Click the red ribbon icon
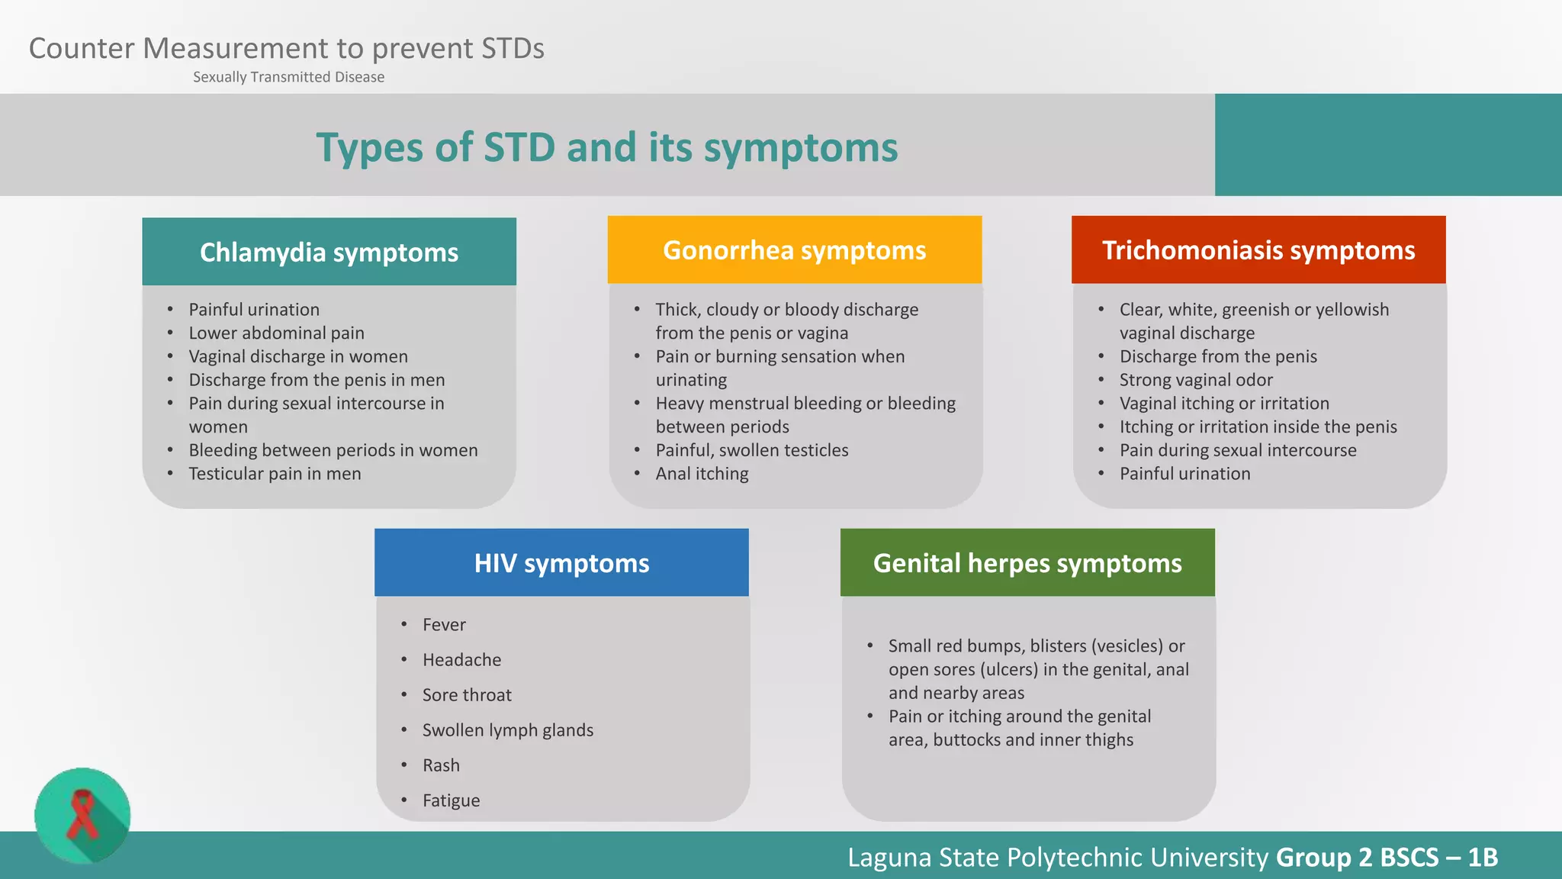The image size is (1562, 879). [x=82, y=815]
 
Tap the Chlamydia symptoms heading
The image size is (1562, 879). [x=329, y=253]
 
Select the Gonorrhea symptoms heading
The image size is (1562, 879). [x=794, y=250]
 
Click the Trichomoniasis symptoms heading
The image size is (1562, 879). [x=1258, y=250]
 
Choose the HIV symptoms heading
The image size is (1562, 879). [x=561, y=563]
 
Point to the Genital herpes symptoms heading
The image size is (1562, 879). [x=1027, y=563]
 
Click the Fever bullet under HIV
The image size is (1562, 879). [x=444, y=625]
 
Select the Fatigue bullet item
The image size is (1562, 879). [x=451, y=800]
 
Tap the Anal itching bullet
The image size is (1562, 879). [x=702, y=474]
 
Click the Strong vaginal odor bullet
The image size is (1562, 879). [x=1195, y=380]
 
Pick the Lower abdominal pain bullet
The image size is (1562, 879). [x=276, y=333]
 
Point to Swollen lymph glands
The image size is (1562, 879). [x=507, y=730]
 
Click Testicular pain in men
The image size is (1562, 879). [x=275, y=474]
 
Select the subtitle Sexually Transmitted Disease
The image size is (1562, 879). [x=288, y=77]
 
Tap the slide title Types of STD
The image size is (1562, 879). [x=606, y=147]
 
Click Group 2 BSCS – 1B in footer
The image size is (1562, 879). [x=1386, y=858]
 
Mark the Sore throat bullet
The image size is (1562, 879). [x=467, y=695]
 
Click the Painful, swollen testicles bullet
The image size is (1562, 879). [x=751, y=450]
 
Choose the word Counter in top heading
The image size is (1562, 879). [x=82, y=48]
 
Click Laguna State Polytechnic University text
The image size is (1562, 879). [x=1057, y=858]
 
